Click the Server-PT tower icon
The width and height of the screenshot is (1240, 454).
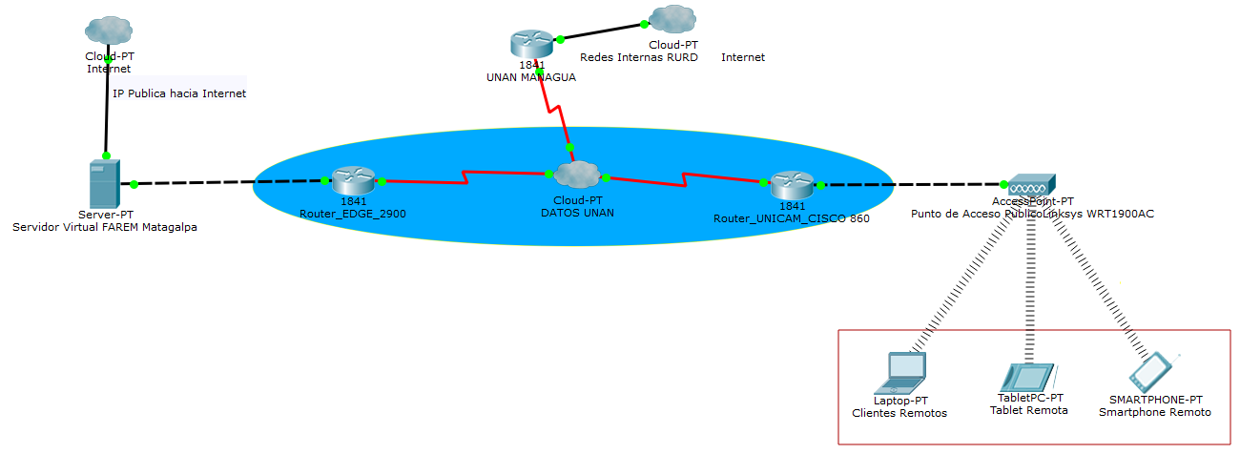point(104,184)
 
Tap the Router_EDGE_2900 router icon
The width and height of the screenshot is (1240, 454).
point(353,180)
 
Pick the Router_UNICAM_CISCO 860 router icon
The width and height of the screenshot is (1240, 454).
point(792,183)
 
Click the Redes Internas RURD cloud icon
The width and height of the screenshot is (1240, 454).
point(672,19)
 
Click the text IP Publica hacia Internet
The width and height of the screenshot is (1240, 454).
point(179,93)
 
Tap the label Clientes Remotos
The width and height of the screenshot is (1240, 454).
point(899,413)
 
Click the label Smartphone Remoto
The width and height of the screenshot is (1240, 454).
point(1154,412)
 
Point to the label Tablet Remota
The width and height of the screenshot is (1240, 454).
point(1029,410)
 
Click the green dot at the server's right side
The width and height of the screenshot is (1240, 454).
point(134,184)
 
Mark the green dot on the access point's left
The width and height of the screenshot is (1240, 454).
point(1003,184)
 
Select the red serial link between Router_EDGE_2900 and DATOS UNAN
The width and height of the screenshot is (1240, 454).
point(465,178)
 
